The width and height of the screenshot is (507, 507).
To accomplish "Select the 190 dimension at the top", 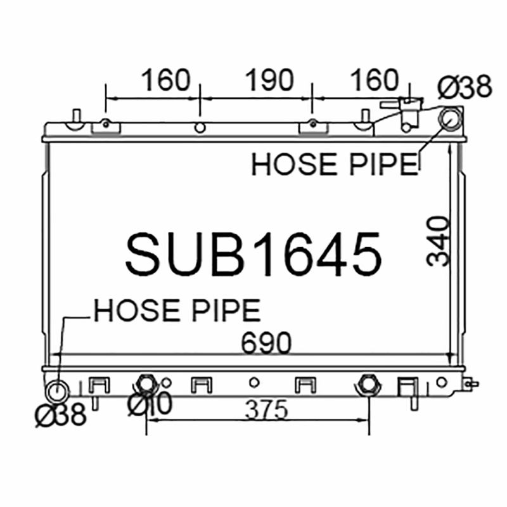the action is tap(270, 80).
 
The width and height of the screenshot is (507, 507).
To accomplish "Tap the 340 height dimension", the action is tap(438, 241).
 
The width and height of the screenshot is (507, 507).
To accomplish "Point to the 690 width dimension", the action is tap(266, 342).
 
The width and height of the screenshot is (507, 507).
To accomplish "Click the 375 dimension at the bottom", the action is tap(266, 409).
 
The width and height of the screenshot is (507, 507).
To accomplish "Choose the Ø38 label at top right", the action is tap(465, 86).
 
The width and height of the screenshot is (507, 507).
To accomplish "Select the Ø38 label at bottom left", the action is tap(61, 415).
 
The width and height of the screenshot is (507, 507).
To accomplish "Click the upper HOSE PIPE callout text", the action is tap(335, 164).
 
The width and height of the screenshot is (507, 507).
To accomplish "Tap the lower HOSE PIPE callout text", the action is tap(177, 310).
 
